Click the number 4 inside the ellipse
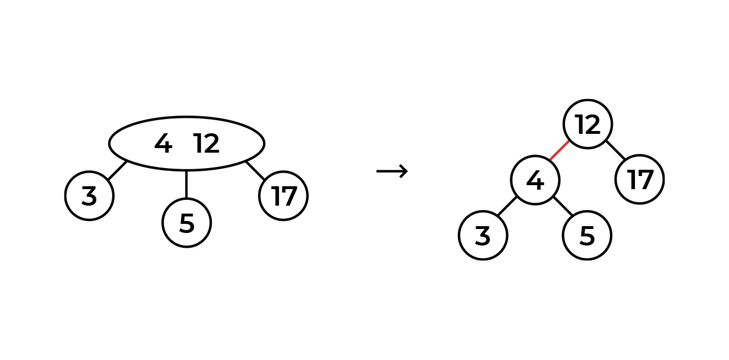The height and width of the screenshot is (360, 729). pos(163,144)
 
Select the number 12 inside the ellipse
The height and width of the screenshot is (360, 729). pos(206,144)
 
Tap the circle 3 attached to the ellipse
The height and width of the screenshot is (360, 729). pos(89,196)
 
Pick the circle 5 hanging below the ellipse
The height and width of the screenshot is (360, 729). pos(187,223)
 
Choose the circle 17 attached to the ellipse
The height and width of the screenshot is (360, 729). pos(283,196)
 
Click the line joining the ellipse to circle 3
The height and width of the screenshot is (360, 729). pos(117,170)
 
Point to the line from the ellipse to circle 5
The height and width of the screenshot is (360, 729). pos(187,184)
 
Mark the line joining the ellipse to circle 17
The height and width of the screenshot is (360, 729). pos(255,170)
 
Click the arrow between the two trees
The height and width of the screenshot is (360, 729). pos(392,171)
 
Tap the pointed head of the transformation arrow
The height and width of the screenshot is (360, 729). pos(405,171)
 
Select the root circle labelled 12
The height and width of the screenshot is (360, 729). pos(588,124)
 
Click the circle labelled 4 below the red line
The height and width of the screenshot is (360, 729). pos(535,181)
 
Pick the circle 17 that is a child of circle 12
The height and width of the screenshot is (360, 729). pos(640,179)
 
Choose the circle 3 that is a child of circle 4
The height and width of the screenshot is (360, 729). pos(483,235)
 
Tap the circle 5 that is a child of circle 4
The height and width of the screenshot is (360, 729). pos(587,235)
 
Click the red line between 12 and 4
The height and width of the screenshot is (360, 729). pos(559,150)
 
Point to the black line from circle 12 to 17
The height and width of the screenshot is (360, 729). pos(615,150)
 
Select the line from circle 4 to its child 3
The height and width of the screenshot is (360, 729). pos(506,207)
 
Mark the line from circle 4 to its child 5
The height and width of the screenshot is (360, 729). pos(563,207)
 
